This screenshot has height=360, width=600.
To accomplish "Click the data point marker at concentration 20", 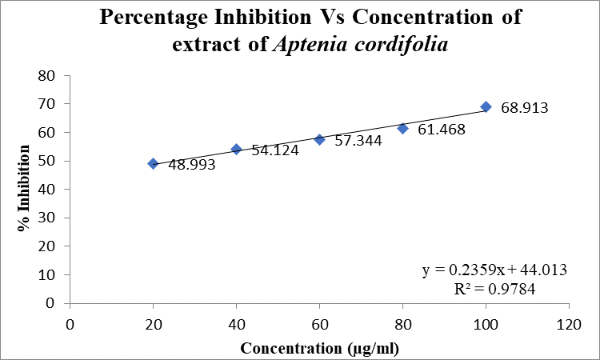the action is [153, 164].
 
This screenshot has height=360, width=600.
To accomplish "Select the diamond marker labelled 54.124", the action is [237, 150].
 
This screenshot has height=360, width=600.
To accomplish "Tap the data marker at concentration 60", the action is [319, 140].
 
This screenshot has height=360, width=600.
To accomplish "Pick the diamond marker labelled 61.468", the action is [402, 129].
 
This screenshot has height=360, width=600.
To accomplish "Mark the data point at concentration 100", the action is [486, 106].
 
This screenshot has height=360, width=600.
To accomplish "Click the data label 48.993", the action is [192, 165].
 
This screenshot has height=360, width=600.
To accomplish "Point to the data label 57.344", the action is [358, 141].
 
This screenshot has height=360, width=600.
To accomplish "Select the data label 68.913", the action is [525, 107].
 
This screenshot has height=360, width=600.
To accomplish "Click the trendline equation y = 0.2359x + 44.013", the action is [494, 270].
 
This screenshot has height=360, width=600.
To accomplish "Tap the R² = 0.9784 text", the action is [494, 289].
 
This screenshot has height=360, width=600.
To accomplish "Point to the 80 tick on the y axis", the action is [46, 75].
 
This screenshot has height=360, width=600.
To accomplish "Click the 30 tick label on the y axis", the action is [46, 218].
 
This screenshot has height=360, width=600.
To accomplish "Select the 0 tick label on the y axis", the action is [50, 303].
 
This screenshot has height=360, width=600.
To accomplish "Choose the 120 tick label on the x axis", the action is [569, 325].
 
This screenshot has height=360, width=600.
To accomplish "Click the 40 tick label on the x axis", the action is [237, 325].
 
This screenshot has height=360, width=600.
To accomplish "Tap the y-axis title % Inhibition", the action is [24, 188].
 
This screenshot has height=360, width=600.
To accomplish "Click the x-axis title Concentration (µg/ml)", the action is [319, 349].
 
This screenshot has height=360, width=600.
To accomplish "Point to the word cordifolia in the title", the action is [401, 44].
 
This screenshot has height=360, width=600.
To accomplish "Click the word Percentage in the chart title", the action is [154, 18].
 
